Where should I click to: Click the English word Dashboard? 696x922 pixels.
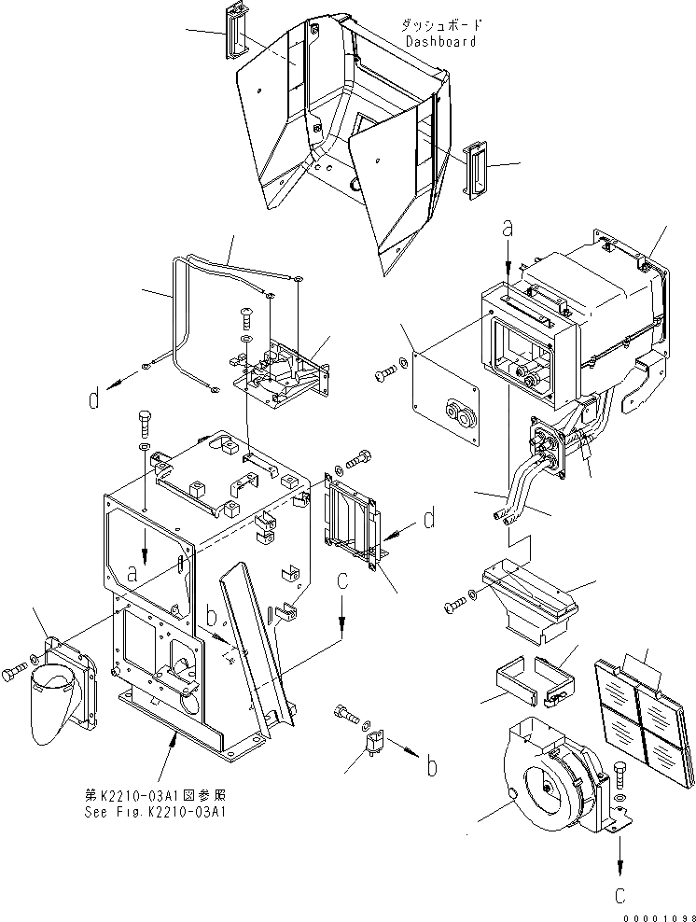click(441, 41)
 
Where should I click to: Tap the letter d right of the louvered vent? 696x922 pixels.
click(429, 520)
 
